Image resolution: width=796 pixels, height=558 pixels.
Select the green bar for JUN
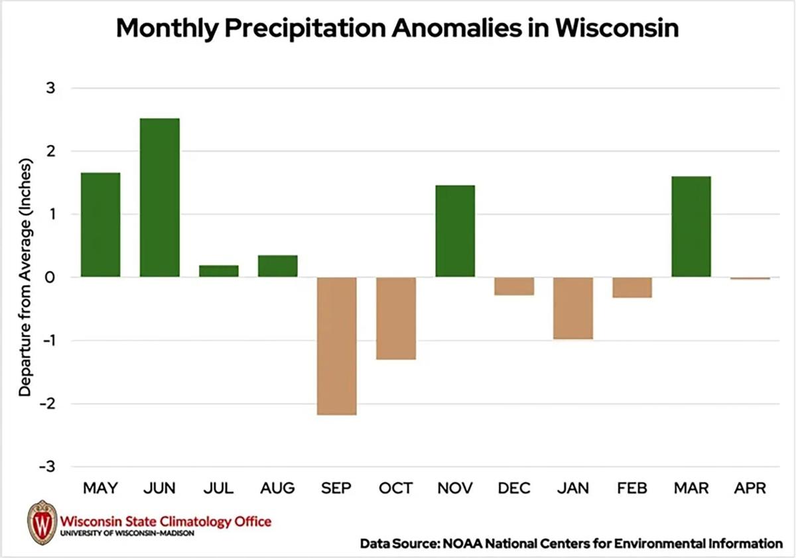tap(159, 197)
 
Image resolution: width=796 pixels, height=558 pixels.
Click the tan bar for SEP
tap(337, 346)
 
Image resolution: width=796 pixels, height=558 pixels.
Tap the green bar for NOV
tap(455, 231)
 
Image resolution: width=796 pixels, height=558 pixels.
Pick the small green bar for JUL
tap(219, 271)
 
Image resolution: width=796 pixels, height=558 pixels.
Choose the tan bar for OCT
tap(396, 318)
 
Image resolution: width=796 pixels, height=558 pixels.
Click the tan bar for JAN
tap(573, 308)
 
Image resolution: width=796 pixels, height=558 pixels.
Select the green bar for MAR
tap(691, 227)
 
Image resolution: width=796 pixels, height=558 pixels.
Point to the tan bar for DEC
tap(514, 286)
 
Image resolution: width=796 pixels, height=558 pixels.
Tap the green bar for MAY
tap(100, 225)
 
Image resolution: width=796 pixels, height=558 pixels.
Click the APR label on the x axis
tap(750, 489)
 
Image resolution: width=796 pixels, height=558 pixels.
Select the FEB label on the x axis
tap(632, 489)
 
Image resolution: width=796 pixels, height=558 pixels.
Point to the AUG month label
tap(277, 489)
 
